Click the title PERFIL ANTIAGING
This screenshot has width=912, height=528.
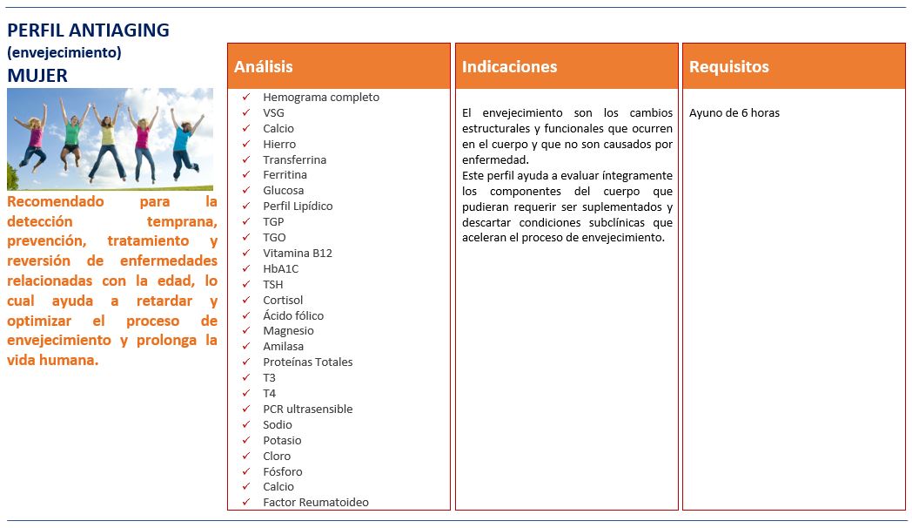click(88, 30)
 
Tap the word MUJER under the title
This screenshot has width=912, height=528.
click(37, 76)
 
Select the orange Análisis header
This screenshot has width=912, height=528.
click(264, 67)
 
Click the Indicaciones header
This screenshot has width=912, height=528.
click(509, 67)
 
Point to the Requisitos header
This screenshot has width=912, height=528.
click(729, 67)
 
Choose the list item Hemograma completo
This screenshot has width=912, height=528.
click(321, 98)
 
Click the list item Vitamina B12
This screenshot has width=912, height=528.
click(298, 254)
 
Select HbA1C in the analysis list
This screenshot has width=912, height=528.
click(280, 269)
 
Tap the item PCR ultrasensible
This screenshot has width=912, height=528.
click(307, 410)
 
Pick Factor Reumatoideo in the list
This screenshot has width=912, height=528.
click(316, 503)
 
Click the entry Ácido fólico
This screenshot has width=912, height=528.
click(293, 316)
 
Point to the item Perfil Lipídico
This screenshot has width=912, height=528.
click(298, 206)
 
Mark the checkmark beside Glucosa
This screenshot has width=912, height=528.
click(247, 191)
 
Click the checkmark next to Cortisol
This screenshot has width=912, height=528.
click(247, 301)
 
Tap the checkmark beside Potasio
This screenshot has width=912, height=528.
click(247, 441)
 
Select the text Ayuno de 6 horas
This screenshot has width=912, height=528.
click(734, 113)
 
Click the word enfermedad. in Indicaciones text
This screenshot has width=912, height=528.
click(495, 160)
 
